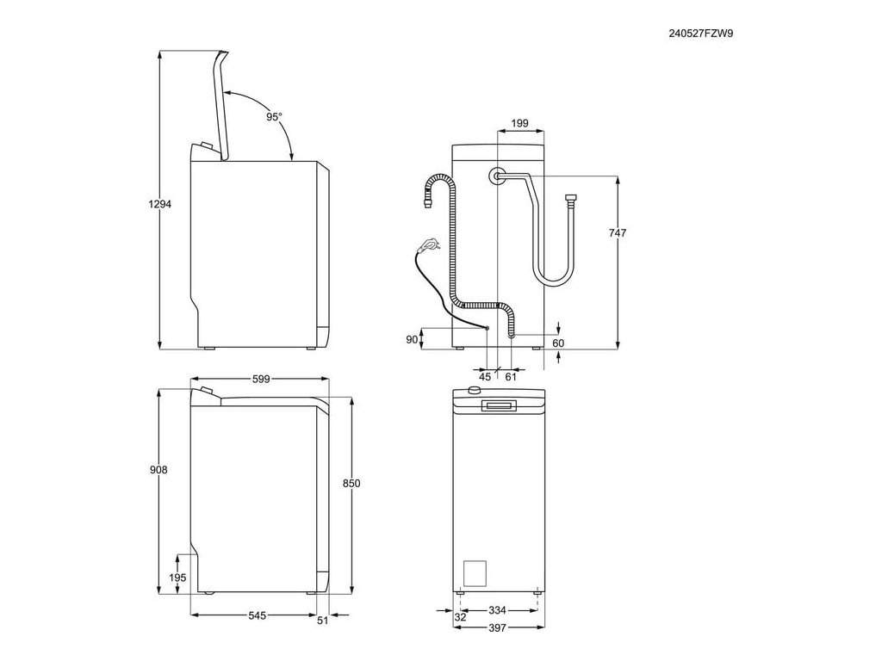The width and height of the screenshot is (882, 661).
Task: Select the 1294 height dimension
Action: (x=159, y=205)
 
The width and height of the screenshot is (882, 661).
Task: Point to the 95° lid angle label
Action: (x=273, y=116)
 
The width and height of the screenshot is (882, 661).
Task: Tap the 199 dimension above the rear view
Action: (x=519, y=124)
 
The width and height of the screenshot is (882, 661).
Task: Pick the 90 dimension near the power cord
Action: (x=412, y=340)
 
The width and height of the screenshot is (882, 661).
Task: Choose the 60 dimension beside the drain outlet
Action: (x=558, y=343)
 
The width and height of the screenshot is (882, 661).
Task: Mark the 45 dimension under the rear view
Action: (x=485, y=376)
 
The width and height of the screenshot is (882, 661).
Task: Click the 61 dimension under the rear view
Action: (x=511, y=376)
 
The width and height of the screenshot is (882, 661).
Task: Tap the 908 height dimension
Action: (x=158, y=470)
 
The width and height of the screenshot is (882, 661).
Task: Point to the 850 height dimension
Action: (x=351, y=484)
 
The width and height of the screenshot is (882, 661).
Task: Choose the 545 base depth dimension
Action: (x=250, y=615)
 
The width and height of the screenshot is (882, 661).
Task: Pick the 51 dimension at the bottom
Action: (x=322, y=620)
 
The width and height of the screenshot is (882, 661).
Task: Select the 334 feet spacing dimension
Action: (x=496, y=611)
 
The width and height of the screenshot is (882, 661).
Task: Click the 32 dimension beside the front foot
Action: (x=460, y=616)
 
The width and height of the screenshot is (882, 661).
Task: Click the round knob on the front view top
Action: (x=473, y=392)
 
